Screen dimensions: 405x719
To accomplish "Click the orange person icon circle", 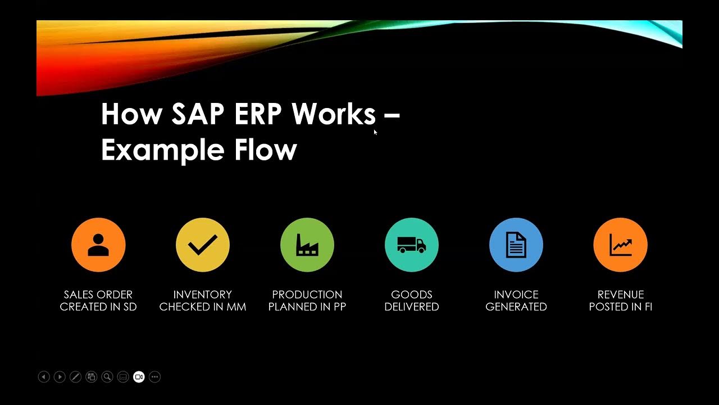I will pyautogui.click(x=98, y=245).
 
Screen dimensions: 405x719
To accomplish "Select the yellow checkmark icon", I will pyautogui.click(x=203, y=245).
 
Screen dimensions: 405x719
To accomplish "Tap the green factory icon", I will pyautogui.click(x=307, y=245).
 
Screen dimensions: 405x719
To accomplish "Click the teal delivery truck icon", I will pyautogui.click(x=412, y=245).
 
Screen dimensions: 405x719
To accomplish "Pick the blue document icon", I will pyautogui.click(x=516, y=245).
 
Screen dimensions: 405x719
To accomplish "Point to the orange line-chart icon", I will pyautogui.click(x=621, y=245).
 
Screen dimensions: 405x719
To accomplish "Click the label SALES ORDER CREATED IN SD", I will pyautogui.click(x=98, y=300).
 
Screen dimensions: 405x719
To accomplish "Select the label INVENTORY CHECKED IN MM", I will pyautogui.click(x=203, y=300).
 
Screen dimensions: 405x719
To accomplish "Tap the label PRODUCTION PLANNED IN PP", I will pyautogui.click(x=307, y=300).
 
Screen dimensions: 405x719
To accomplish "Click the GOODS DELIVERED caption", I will pyautogui.click(x=412, y=300).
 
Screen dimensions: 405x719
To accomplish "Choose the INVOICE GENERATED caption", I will pyautogui.click(x=516, y=300).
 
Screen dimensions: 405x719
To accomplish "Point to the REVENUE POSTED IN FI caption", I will pyautogui.click(x=621, y=300).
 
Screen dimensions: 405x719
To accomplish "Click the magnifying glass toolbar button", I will pyautogui.click(x=107, y=377).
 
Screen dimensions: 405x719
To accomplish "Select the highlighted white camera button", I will pyautogui.click(x=139, y=377).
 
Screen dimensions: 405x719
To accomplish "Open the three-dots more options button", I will pyautogui.click(x=155, y=377).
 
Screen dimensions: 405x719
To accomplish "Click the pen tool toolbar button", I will pyautogui.click(x=75, y=377).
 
